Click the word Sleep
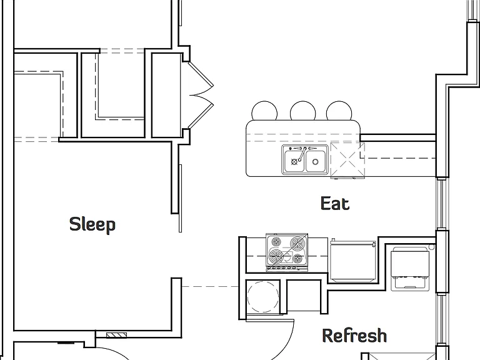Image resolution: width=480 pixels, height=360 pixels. [x=92, y=224]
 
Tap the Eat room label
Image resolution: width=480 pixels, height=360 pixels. [x=335, y=203]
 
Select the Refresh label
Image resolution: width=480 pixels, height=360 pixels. [x=354, y=335]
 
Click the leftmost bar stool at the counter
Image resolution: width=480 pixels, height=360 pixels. [x=264, y=111]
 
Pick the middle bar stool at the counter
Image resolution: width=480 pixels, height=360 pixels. [x=302, y=111]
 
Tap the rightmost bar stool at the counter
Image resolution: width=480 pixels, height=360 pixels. [x=339, y=111]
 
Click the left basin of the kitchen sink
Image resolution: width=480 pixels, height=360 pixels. [x=294, y=161]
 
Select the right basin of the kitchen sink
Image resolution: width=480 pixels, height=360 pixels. [x=316, y=161]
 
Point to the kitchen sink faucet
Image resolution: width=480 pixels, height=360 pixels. [x=302, y=154]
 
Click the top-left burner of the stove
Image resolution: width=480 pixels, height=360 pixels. [x=276, y=241]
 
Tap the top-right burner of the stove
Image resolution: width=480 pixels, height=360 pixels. [x=297, y=243]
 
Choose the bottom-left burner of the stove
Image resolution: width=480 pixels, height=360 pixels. [x=276, y=256]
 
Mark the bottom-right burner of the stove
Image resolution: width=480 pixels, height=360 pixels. [x=297, y=259]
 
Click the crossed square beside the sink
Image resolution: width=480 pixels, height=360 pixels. [x=347, y=160]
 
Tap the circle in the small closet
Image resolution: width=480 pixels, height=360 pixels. [x=262, y=297]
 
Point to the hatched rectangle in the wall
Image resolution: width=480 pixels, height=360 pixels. [x=116, y=335]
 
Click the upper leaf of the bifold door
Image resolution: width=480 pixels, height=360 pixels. [x=201, y=75]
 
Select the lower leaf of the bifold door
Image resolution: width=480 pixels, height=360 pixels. [x=201, y=116]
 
